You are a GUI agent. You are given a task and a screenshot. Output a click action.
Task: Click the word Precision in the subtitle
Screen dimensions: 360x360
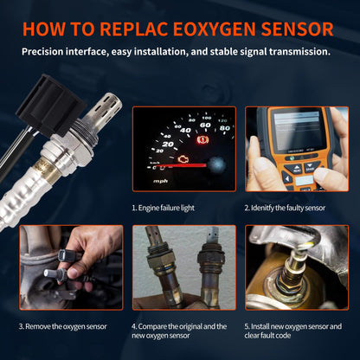click(49, 52)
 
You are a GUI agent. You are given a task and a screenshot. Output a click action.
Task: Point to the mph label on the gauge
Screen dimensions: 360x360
click(161, 181)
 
